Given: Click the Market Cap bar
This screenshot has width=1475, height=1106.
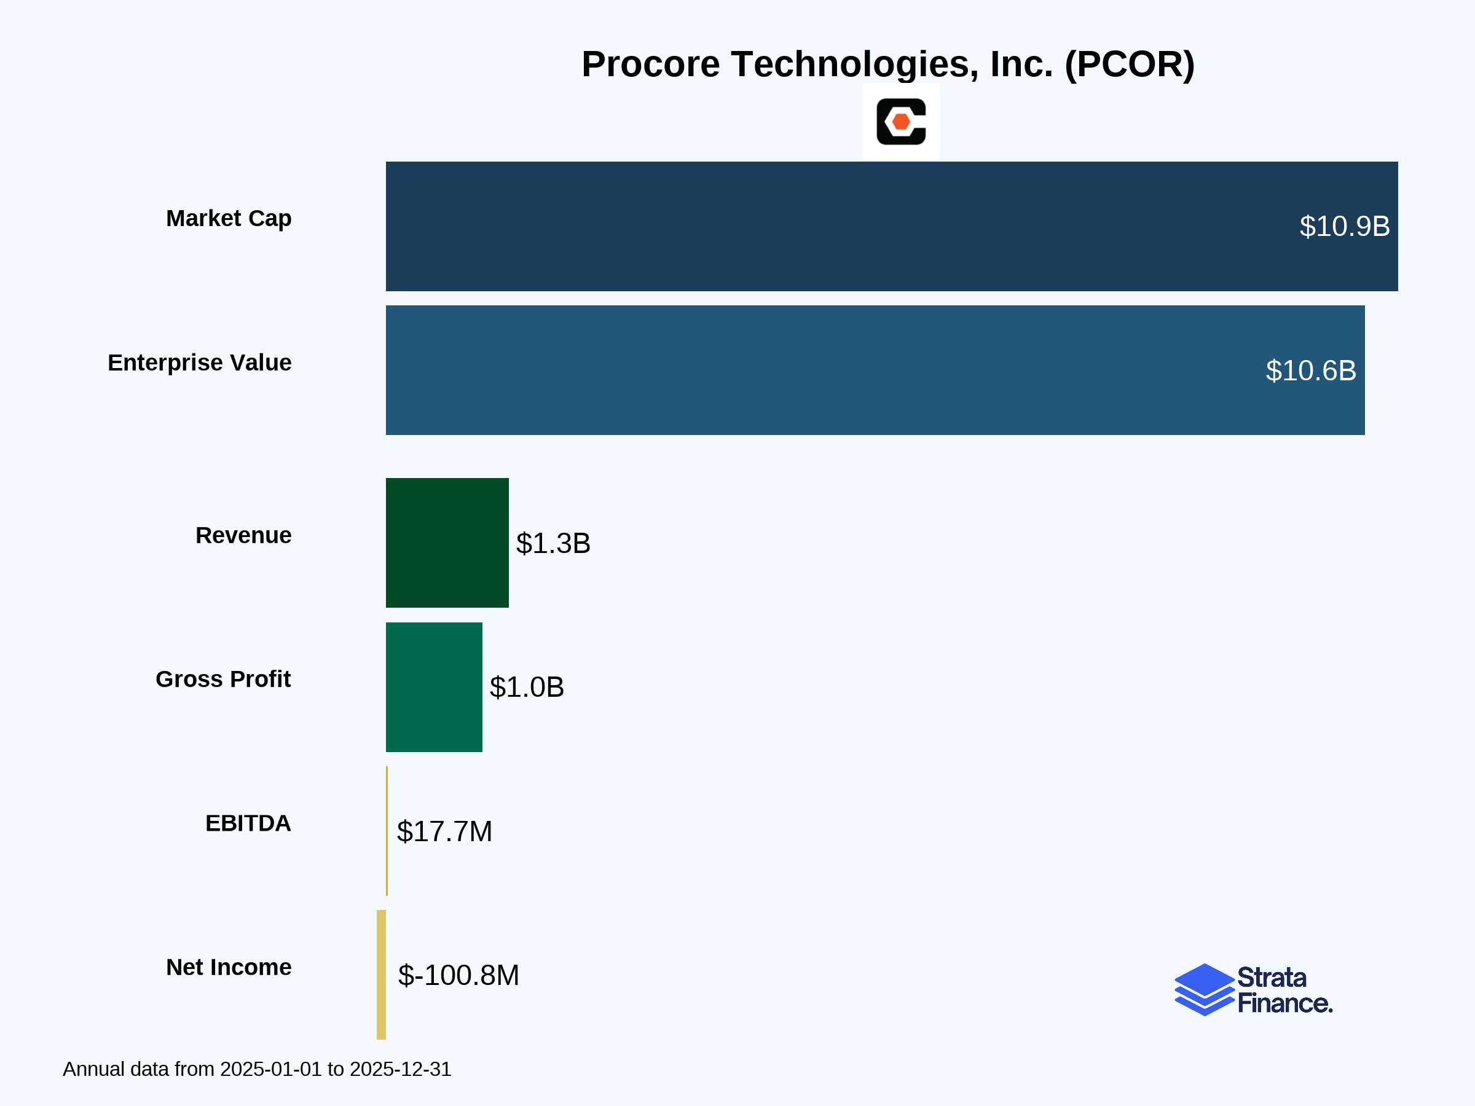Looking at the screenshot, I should point(892,226).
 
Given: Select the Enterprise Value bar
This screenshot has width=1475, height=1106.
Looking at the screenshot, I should point(875,370).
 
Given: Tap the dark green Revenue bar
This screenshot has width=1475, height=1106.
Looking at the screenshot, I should point(447,543).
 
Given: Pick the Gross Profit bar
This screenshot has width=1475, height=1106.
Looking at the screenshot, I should point(433,687).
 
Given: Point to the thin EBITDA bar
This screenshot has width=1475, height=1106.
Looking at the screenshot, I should point(387,831).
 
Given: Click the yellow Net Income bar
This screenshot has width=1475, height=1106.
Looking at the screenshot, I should point(382,975).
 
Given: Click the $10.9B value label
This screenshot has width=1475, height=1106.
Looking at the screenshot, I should point(1344,227).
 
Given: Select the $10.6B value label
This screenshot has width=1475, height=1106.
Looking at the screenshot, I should point(1310,371).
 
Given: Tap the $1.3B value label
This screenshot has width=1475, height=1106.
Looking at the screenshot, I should point(553,543).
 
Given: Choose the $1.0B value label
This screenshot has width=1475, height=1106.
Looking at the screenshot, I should point(527,688).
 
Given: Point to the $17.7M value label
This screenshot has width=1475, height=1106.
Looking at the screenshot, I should point(444,831).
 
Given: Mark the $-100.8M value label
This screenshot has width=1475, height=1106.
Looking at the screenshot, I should point(458,975).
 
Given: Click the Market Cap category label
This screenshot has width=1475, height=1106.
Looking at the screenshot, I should point(229,219).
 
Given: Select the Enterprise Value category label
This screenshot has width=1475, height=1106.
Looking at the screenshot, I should point(199,363).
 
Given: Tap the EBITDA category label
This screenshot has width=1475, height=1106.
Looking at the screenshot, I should point(248,823).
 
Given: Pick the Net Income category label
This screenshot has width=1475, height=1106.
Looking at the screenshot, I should point(229,967).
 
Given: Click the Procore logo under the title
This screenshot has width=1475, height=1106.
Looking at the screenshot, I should point(901,121).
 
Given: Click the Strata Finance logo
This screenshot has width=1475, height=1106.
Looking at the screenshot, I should point(1253,990).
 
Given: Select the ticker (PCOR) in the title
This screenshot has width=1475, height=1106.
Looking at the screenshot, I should point(1130,65).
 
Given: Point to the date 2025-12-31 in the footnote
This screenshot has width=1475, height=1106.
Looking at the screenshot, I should point(400,1069).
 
